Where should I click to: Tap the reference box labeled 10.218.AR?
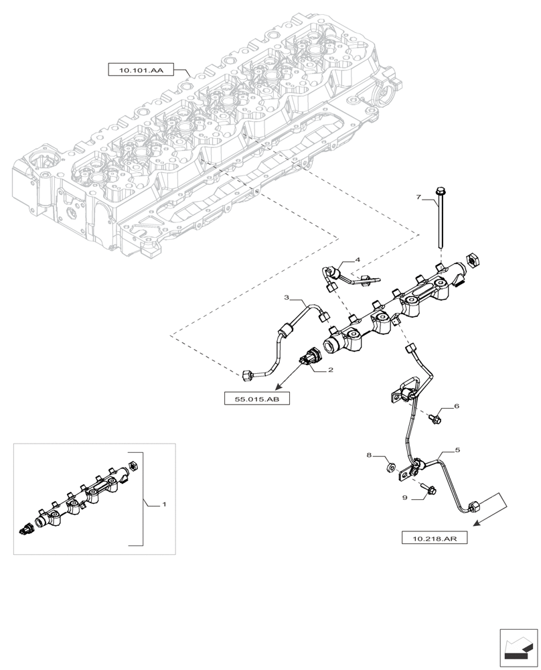tap(433, 537)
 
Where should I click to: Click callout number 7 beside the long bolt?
tap(418, 198)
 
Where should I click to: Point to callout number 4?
tap(357, 259)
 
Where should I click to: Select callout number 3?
tap(287, 297)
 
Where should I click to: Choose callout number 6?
tap(456, 406)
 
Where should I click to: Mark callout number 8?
tap(368, 456)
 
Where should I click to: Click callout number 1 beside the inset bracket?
tap(165, 503)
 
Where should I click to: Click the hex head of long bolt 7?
tap(440, 191)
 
